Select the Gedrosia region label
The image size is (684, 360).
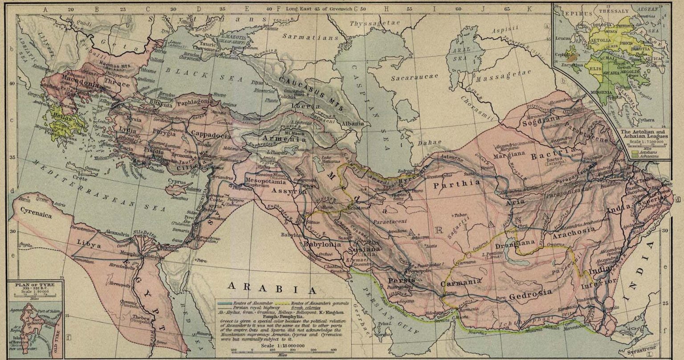(530, 293)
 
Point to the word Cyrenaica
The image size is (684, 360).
(35, 215)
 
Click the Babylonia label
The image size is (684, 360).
(322, 245)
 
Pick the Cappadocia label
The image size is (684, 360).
(211, 134)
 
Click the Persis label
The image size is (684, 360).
(401, 280)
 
